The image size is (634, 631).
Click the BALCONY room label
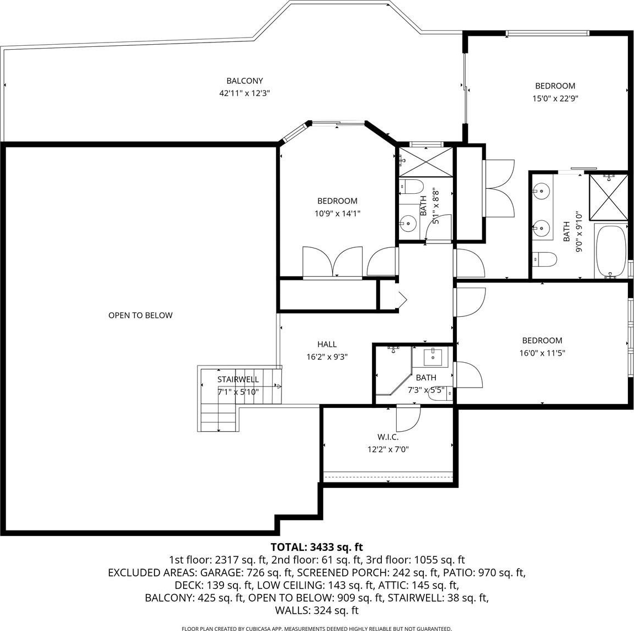point(244,81)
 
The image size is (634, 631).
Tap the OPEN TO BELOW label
point(140,315)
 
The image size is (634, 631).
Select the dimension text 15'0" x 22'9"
point(555,98)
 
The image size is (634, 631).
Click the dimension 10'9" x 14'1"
point(337,214)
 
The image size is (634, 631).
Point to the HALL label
point(327,344)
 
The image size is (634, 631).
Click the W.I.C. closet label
point(388,437)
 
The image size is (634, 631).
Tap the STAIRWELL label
point(238,379)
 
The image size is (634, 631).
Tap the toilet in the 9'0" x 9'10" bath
point(544,259)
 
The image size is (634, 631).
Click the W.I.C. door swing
point(408,418)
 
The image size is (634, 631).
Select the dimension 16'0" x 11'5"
point(542,353)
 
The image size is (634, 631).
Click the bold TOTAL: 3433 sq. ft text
point(317,547)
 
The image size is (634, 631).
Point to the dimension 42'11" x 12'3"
point(244,93)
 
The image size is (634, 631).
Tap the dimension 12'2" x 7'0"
point(388,449)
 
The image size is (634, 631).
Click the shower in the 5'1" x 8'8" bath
point(426,162)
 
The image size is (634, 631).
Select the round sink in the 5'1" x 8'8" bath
point(408,222)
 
